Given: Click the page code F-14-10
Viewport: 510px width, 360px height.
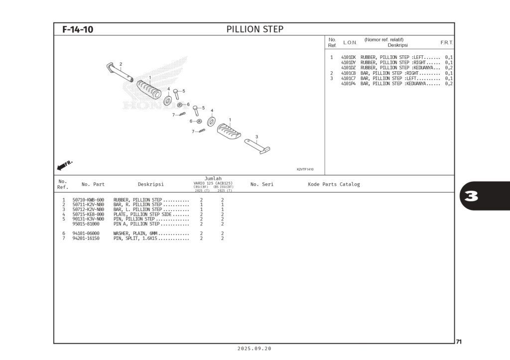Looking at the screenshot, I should pos(78,29).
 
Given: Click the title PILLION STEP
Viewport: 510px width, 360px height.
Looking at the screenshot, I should pos(255,29).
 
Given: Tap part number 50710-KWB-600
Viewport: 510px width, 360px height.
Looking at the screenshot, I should pos(88,200).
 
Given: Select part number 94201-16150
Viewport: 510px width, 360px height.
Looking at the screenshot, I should pos(86,239).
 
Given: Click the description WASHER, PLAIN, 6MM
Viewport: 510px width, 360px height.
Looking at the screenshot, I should pos(151,234).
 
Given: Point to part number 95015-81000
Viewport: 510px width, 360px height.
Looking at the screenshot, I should pos(86,224).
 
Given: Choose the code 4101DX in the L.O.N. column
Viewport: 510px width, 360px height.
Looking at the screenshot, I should pos(348,57).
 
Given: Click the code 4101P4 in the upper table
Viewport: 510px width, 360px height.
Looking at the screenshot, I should pos(348,84).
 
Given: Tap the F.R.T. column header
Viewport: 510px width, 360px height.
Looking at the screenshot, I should pos(446,43).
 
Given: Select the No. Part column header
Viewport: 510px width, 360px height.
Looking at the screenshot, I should pos(93,184).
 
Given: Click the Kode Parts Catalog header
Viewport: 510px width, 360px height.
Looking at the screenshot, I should pos(334,184).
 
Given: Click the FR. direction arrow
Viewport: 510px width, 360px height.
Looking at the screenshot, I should pos(65,164).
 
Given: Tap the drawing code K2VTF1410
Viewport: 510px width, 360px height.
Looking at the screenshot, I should pos(305,169).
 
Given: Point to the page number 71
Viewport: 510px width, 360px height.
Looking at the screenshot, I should pos(459,342).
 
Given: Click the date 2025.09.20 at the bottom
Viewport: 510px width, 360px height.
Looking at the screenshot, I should pos(255,349).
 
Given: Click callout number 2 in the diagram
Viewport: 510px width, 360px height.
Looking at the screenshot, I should pos(121,64).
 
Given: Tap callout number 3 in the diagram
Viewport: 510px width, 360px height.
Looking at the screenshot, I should pos(256,136).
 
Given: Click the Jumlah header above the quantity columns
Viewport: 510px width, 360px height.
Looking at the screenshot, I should pos(213,179).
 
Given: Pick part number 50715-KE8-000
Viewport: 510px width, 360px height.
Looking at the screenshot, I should pos(88,214).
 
